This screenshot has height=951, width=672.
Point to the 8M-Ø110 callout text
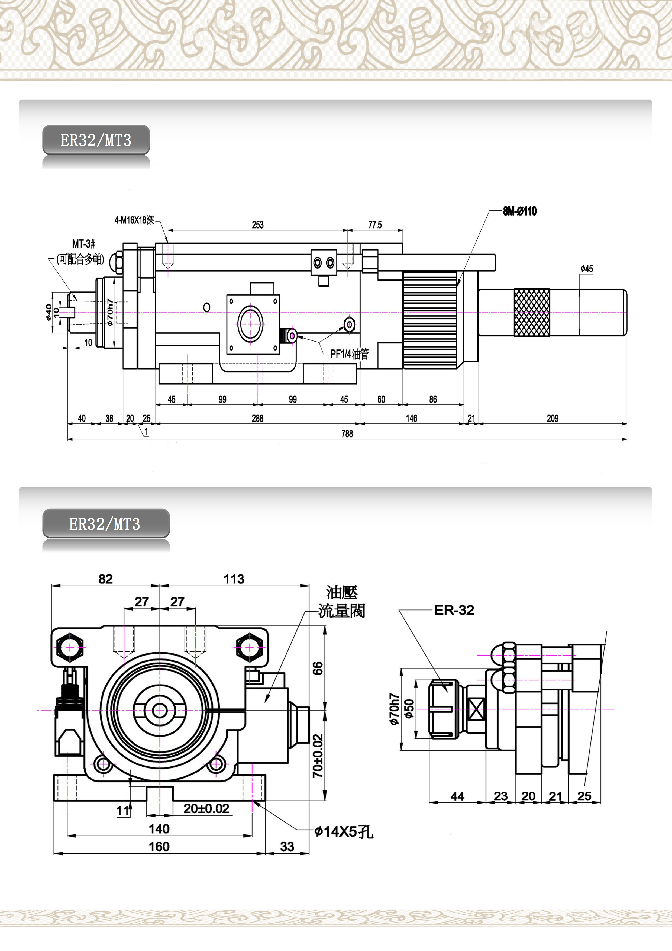click(x=520, y=211)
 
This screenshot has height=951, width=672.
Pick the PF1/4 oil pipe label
click(x=349, y=354)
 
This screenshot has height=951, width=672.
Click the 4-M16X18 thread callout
click(x=134, y=220)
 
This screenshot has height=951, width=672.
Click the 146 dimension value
click(x=411, y=418)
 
